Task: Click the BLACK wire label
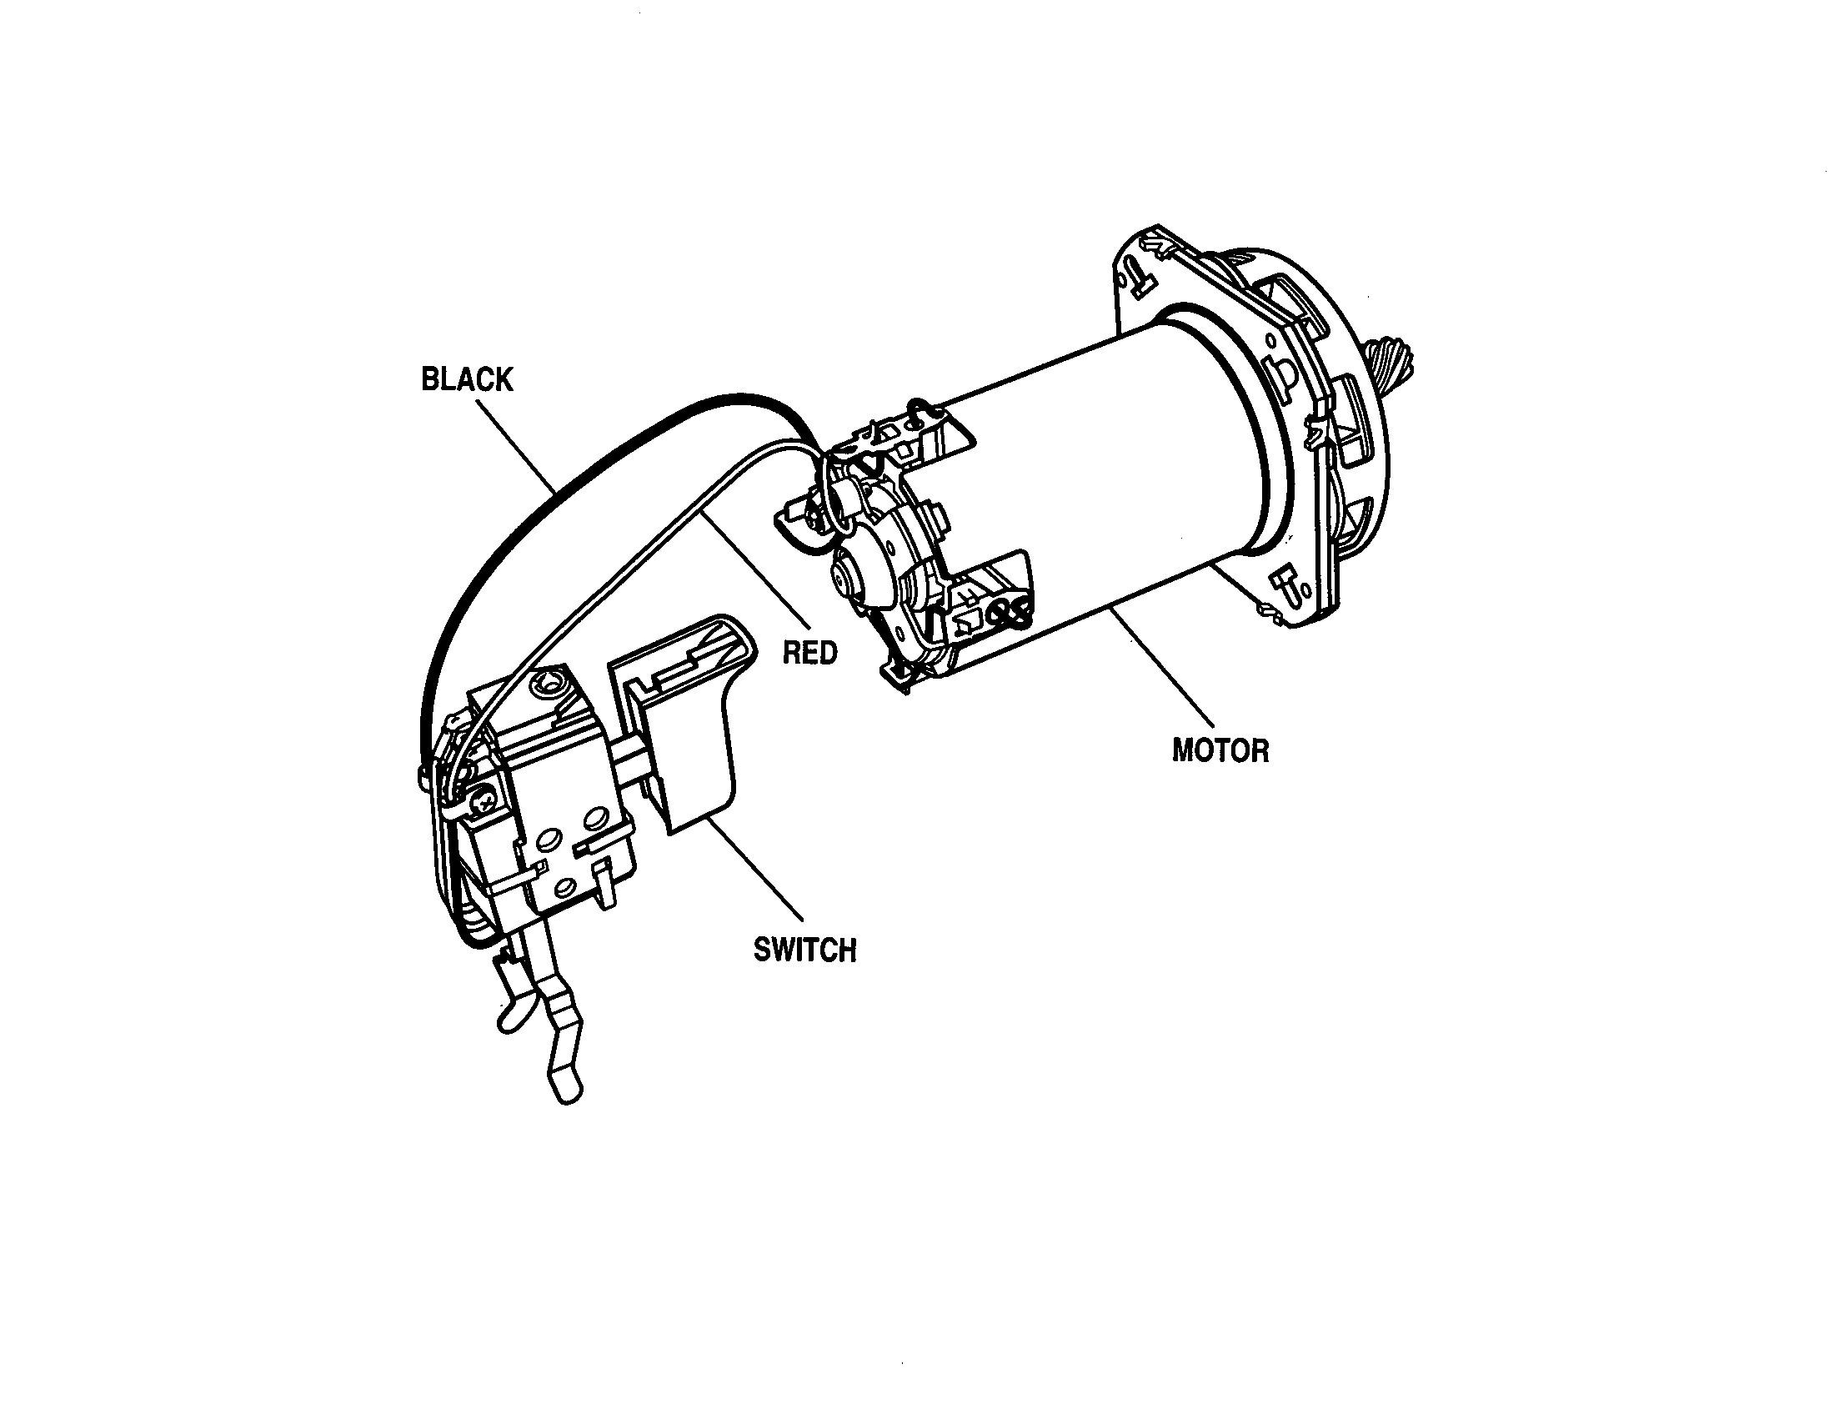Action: tap(466, 379)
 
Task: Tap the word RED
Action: tap(810, 652)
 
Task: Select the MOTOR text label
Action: tap(1220, 750)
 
